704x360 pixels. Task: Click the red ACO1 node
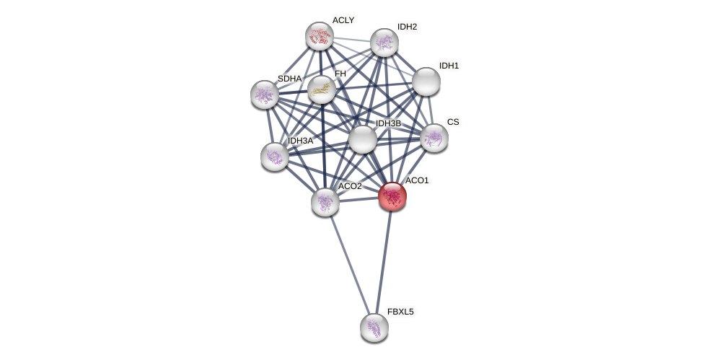[x=392, y=196]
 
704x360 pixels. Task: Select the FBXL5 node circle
[x=374, y=328]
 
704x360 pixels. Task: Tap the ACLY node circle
[x=320, y=36]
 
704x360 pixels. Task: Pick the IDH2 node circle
[x=384, y=43]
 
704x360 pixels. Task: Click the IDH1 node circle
[x=426, y=82]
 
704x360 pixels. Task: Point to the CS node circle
[x=434, y=138]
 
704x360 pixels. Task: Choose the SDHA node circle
[x=265, y=95]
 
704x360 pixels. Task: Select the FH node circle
[x=322, y=89]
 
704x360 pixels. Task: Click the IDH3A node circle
[x=275, y=157]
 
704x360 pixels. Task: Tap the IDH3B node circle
[x=363, y=139]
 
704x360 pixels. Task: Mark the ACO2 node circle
[x=325, y=202]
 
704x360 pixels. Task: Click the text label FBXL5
[x=400, y=312]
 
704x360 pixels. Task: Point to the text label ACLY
[x=343, y=20]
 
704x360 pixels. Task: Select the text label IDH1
[x=449, y=66]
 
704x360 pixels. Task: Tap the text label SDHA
[x=289, y=79]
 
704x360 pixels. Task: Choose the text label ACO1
[x=417, y=180]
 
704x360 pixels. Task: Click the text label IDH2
[x=407, y=27]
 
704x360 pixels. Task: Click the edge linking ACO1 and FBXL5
[x=384, y=261]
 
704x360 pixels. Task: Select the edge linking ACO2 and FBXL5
[x=350, y=265]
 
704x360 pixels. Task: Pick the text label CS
[x=453, y=122]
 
